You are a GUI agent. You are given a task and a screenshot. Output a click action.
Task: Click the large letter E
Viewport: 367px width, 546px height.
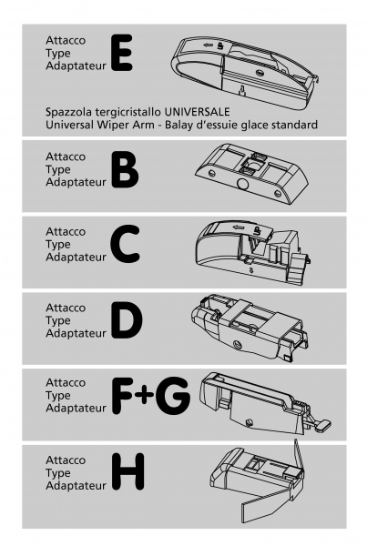coord(122,53)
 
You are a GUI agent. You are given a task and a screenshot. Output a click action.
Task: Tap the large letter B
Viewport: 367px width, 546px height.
coord(125,169)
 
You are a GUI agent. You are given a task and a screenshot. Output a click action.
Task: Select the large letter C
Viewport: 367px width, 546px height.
coord(125,244)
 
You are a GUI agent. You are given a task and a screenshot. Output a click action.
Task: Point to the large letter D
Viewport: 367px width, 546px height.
coord(127,320)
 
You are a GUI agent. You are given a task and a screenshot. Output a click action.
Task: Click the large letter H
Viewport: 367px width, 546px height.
coord(127,471)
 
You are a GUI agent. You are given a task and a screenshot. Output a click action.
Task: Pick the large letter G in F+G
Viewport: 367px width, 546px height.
coord(173,396)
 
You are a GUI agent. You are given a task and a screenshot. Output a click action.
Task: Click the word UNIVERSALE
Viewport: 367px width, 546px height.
coord(197,112)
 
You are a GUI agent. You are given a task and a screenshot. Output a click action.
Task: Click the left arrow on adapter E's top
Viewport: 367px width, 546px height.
coord(208,45)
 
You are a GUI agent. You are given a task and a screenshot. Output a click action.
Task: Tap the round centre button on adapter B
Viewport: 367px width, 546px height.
coord(241,184)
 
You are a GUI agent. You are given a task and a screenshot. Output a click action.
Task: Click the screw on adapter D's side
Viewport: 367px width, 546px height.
coord(239,345)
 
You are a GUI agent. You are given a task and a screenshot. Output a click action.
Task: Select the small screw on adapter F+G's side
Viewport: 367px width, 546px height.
coord(249,422)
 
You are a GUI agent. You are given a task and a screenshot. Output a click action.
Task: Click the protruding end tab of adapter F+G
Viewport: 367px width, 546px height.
coord(322,426)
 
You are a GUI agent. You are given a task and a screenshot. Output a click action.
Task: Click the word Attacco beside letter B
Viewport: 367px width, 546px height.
coord(66,157)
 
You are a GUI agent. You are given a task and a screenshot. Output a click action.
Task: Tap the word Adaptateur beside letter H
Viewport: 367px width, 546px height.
coord(76,485)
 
